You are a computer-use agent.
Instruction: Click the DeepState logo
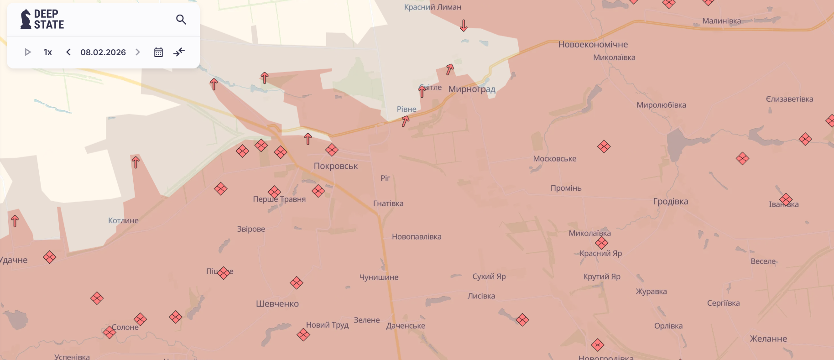[x=42, y=19]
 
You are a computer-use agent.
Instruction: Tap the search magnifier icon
[x=181, y=20]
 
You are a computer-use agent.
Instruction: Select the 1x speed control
[x=48, y=52]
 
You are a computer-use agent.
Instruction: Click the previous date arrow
[x=68, y=52]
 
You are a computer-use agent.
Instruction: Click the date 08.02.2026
[x=103, y=52]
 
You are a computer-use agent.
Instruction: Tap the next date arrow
[x=138, y=52]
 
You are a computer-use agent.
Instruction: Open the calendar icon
[x=158, y=52]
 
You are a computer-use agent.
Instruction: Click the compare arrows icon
[x=179, y=52]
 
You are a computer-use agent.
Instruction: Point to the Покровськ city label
[x=336, y=166]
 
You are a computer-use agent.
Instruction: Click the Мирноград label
[x=472, y=89]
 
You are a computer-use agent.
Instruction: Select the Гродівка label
[x=670, y=202]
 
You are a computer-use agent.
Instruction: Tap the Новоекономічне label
[x=593, y=45]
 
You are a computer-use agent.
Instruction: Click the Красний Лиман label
[x=433, y=7]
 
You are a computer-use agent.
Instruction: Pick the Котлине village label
[x=123, y=221]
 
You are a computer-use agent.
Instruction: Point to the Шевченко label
[x=277, y=304]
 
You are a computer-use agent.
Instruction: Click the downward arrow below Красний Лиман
[x=464, y=26]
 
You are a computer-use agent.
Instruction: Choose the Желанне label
[x=768, y=339]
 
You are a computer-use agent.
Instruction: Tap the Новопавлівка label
[x=417, y=237]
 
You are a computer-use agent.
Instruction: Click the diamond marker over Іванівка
[x=786, y=199]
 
